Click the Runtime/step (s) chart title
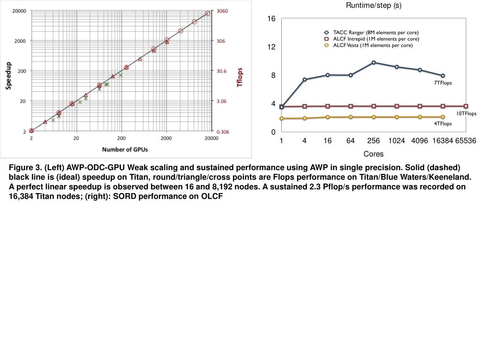pyautogui.click(x=374, y=6)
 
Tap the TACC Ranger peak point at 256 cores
pyautogui.click(x=374, y=62)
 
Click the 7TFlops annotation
pyautogui.click(x=442, y=83)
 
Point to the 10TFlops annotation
pyautogui.click(x=466, y=113)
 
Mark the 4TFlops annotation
pyautogui.click(x=442, y=124)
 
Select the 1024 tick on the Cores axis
pyautogui.click(x=397, y=141)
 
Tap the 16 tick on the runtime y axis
pyautogui.click(x=271, y=19)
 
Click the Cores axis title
pyautogui.click(x=374, y=154)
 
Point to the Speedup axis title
pyautogui.click(x=8, y=75)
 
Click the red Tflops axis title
pyautogui.click(x=240, y=77)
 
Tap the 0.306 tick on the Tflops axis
pyautogui.click(x=222, y=132)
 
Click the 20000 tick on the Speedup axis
pyautogui.click(x=19, y=11)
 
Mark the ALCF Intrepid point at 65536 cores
pyautogui.click(x=465, y=106)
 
